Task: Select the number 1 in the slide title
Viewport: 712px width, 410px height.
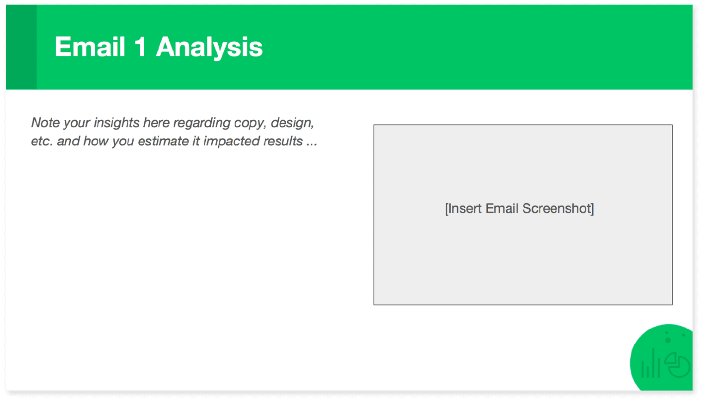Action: (140, 47)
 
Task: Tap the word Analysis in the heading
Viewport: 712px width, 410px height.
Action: (209, 48)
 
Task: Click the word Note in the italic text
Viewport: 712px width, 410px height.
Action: (45, 123)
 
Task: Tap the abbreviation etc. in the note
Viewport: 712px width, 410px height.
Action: (42, 141)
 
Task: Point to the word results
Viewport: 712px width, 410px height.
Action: (283, 141)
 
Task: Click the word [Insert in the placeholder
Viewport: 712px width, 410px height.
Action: (463, 209)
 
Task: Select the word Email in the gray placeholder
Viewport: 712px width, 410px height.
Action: (502, 209)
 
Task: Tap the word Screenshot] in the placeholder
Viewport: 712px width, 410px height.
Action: (558, 209)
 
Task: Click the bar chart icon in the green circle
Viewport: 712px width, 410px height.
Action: (651, 365)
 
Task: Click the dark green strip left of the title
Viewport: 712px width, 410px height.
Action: (21, 47)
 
